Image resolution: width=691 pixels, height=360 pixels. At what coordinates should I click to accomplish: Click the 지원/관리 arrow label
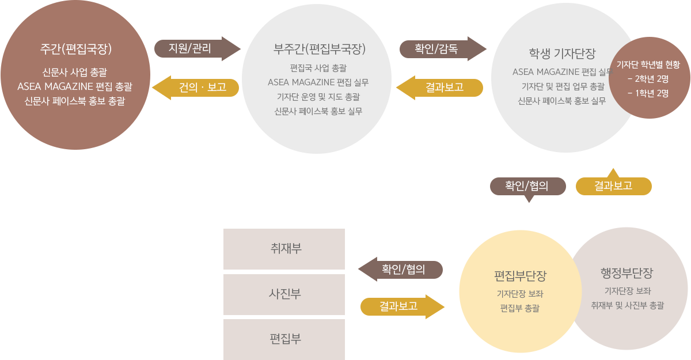190,48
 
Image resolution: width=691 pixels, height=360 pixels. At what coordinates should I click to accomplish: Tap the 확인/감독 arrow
436,48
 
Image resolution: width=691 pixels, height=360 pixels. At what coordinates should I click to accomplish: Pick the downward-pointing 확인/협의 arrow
526,187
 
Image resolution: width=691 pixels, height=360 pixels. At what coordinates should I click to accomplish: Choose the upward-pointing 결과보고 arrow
613,185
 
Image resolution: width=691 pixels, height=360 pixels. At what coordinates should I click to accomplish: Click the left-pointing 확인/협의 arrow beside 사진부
403,269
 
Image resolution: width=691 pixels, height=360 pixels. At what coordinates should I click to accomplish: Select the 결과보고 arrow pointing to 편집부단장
398,306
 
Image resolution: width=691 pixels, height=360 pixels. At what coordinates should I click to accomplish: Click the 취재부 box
284,249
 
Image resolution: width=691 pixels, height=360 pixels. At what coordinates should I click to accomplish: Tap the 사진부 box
284,294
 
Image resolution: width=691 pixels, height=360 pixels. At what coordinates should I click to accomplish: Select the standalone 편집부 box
284,339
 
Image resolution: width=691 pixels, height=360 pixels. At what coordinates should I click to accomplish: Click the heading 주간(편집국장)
75,49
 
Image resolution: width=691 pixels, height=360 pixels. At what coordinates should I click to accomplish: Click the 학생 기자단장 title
562,54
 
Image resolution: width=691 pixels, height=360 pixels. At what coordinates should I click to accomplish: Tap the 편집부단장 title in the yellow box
520,275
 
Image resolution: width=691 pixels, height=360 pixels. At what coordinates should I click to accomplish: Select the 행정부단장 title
627,272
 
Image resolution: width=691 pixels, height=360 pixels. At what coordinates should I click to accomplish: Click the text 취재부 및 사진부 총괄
627,305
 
